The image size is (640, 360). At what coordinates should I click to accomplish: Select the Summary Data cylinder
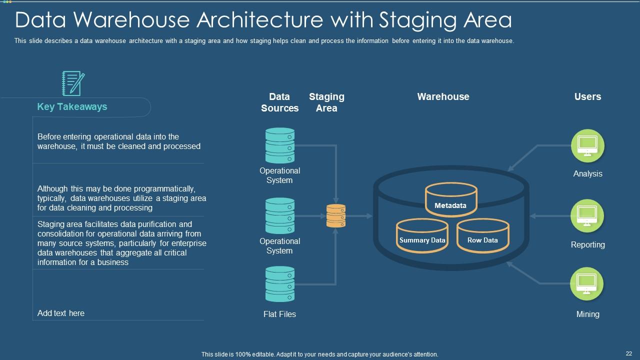click(x=422, y=236)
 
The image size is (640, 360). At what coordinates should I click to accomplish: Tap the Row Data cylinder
click(x=482, y=236)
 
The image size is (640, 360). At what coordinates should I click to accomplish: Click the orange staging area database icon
click(x=336, y=216)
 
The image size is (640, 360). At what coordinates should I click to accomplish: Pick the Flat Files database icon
click(x=280, y=284)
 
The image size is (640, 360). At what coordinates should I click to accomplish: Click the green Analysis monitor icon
click(x=587, y=145)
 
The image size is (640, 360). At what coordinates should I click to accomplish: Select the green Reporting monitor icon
click(x=587, y=216)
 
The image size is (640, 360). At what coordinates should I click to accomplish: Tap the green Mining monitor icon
click(x=587, y=284)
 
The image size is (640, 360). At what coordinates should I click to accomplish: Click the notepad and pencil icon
click(x=73, y=83)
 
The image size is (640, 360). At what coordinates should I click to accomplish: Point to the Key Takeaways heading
click(x=72, y=107)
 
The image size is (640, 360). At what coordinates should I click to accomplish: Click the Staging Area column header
click(x=326, y=102)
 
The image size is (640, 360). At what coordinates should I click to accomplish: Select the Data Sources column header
click(x=279, y=102)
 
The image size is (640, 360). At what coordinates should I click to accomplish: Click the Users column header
click(x=587, y=97)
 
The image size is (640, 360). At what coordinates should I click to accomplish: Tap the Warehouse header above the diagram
click(x=443, y=97)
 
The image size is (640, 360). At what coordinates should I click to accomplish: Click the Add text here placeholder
click(x=61, y=313)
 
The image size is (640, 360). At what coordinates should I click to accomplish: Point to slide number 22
click(x=629, y=353)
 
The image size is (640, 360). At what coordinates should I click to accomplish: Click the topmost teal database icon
click(x=280, y=145)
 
